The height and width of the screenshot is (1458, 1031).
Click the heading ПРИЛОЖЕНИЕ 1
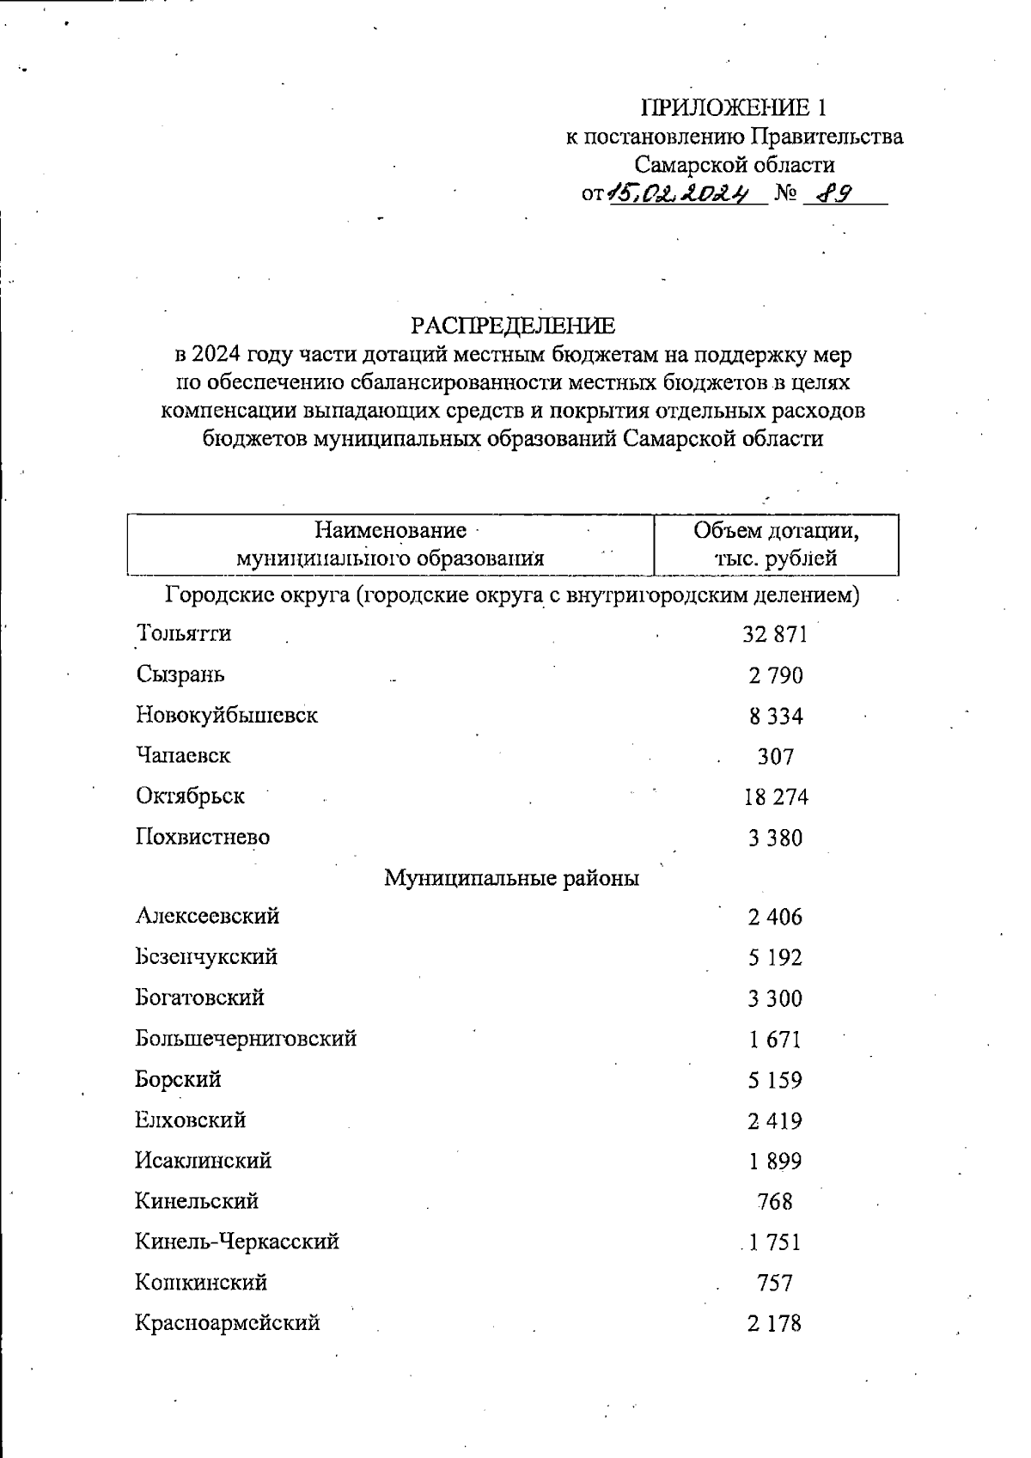[x=734, y=107]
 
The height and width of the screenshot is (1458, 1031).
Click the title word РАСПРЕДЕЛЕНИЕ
[x=513, y=326]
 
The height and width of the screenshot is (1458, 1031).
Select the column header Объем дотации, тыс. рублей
[x=776, y=544]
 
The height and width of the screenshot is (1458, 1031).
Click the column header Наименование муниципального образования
[x=390, y=544]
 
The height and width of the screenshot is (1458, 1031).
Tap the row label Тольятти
[x=184, y=633]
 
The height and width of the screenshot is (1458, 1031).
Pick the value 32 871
[x=775, y=634]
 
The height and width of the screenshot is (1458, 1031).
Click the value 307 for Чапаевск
[x=775, y=757]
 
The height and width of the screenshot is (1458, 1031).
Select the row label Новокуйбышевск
[x=227, y=715]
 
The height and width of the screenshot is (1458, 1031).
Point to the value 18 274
[x=775, y=797]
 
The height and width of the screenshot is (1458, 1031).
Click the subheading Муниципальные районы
[x=511, y=878]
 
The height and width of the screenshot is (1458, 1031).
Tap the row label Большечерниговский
[x=246, y=1038]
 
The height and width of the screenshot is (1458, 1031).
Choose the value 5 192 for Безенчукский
[x=775, y=957]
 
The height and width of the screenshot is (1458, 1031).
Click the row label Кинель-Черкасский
[x=237, y=1241]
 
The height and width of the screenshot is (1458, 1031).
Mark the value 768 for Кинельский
[x=775, y=1201]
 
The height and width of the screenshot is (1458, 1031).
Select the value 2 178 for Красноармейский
[x=774, y=1323]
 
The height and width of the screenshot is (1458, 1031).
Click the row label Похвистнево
[x=203, y=837]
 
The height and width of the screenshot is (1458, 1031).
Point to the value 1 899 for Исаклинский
[x=774, y=1161]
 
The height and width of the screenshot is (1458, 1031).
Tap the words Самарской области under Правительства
[x=734, y=164]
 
